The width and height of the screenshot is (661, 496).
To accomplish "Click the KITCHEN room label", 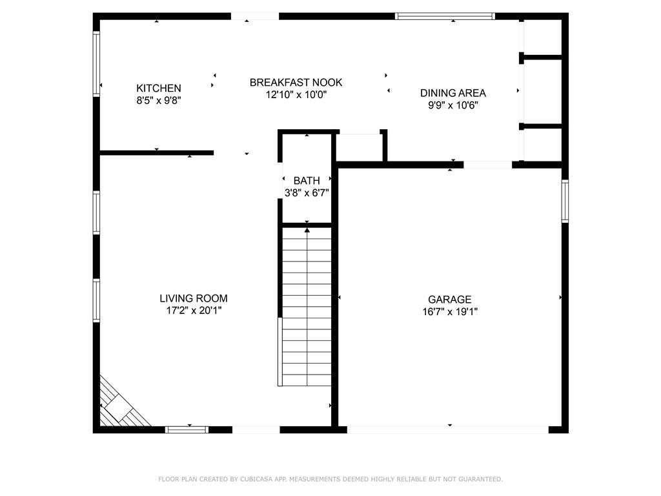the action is tap(159, 88).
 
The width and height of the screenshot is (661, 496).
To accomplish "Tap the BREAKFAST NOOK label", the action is tap(296, 82).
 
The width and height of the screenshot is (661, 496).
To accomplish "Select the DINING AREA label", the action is tap(453, 93).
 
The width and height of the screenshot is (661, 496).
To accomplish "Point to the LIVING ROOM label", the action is tap(194, 298).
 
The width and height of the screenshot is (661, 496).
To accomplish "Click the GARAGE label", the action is tap(449, 300).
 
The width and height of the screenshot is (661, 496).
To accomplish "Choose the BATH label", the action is tap(307, 181).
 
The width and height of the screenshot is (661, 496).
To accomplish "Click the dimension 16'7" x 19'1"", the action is tap(450, 312).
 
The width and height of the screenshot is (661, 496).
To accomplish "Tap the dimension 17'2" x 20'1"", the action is tap(194, 311).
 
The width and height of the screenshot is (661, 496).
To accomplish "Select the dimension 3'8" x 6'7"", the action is tap(307, 192).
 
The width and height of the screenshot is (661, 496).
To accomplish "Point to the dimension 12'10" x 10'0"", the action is tap(296, 94).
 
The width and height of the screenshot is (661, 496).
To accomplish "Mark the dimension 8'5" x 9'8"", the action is tap(159, 100).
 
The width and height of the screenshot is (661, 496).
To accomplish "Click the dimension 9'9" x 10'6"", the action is tap(453, 105).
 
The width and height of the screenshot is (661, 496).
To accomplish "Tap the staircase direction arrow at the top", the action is tap(307, 230).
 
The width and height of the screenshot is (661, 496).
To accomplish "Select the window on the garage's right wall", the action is tap(565, 201).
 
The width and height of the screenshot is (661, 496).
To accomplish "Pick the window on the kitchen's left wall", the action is tap(96, 64).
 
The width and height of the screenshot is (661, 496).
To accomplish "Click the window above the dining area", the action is tap(445, 16).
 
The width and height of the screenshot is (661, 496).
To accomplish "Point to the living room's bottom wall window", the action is tap(187, 429).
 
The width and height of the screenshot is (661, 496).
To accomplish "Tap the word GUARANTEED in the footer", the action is tap(480, 479).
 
